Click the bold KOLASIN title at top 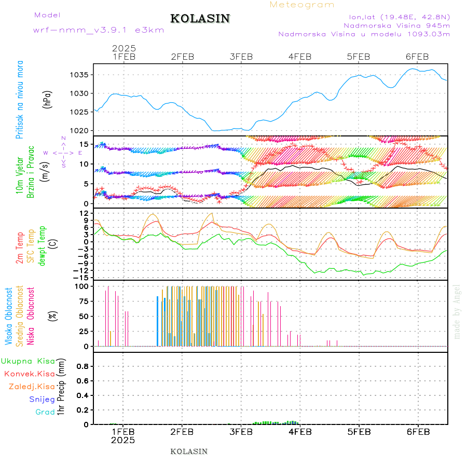click(x=200, y=19)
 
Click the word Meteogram click(x=302, y=5)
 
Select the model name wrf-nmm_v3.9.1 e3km click(x=99, y=30)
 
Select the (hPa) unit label click(x=47, y=99)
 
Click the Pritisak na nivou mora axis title click(x=20, y=99)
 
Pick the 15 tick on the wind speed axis click(x=84, y=144)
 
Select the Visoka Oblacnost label click(x=9, y=316)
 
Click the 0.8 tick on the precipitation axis click(x=81, y=366)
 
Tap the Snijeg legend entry click(x=42, y=400)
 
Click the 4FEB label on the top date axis click(x=299, y=57)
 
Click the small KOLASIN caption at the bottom click(x=189, y=451)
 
